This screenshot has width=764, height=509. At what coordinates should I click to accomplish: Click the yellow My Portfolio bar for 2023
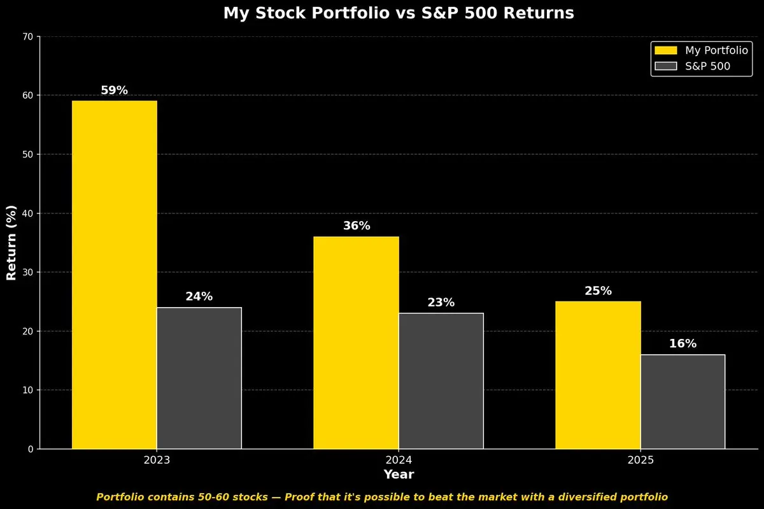(x=115, y=275)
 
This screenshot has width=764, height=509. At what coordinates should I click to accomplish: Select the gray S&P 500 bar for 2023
(x=199, y=378)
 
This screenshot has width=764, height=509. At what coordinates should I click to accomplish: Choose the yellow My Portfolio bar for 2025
(x=598, y=375)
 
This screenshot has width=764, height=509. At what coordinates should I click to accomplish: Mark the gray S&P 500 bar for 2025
(x=683, y=402)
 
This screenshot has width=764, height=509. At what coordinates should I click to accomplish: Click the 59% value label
(x=115, y=90)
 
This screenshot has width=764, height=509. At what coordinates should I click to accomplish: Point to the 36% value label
(x=357, y=226)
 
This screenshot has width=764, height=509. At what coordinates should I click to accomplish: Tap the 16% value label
(x=683, y=344)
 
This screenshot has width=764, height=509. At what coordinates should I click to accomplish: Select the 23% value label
(x=441, y=303)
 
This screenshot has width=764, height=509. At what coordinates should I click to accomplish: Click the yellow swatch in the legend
(x=665, y=50)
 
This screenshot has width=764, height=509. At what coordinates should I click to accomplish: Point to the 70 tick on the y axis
(x=28, y=37)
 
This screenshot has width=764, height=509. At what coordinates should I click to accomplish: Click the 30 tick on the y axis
(x=28, y=273)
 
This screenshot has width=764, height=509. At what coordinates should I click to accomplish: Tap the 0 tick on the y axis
(x=31, y=449)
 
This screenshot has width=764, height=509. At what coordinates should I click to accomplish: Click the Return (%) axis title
(x=11, y=243)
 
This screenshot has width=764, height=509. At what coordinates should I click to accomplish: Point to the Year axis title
(x=399, y=475)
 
